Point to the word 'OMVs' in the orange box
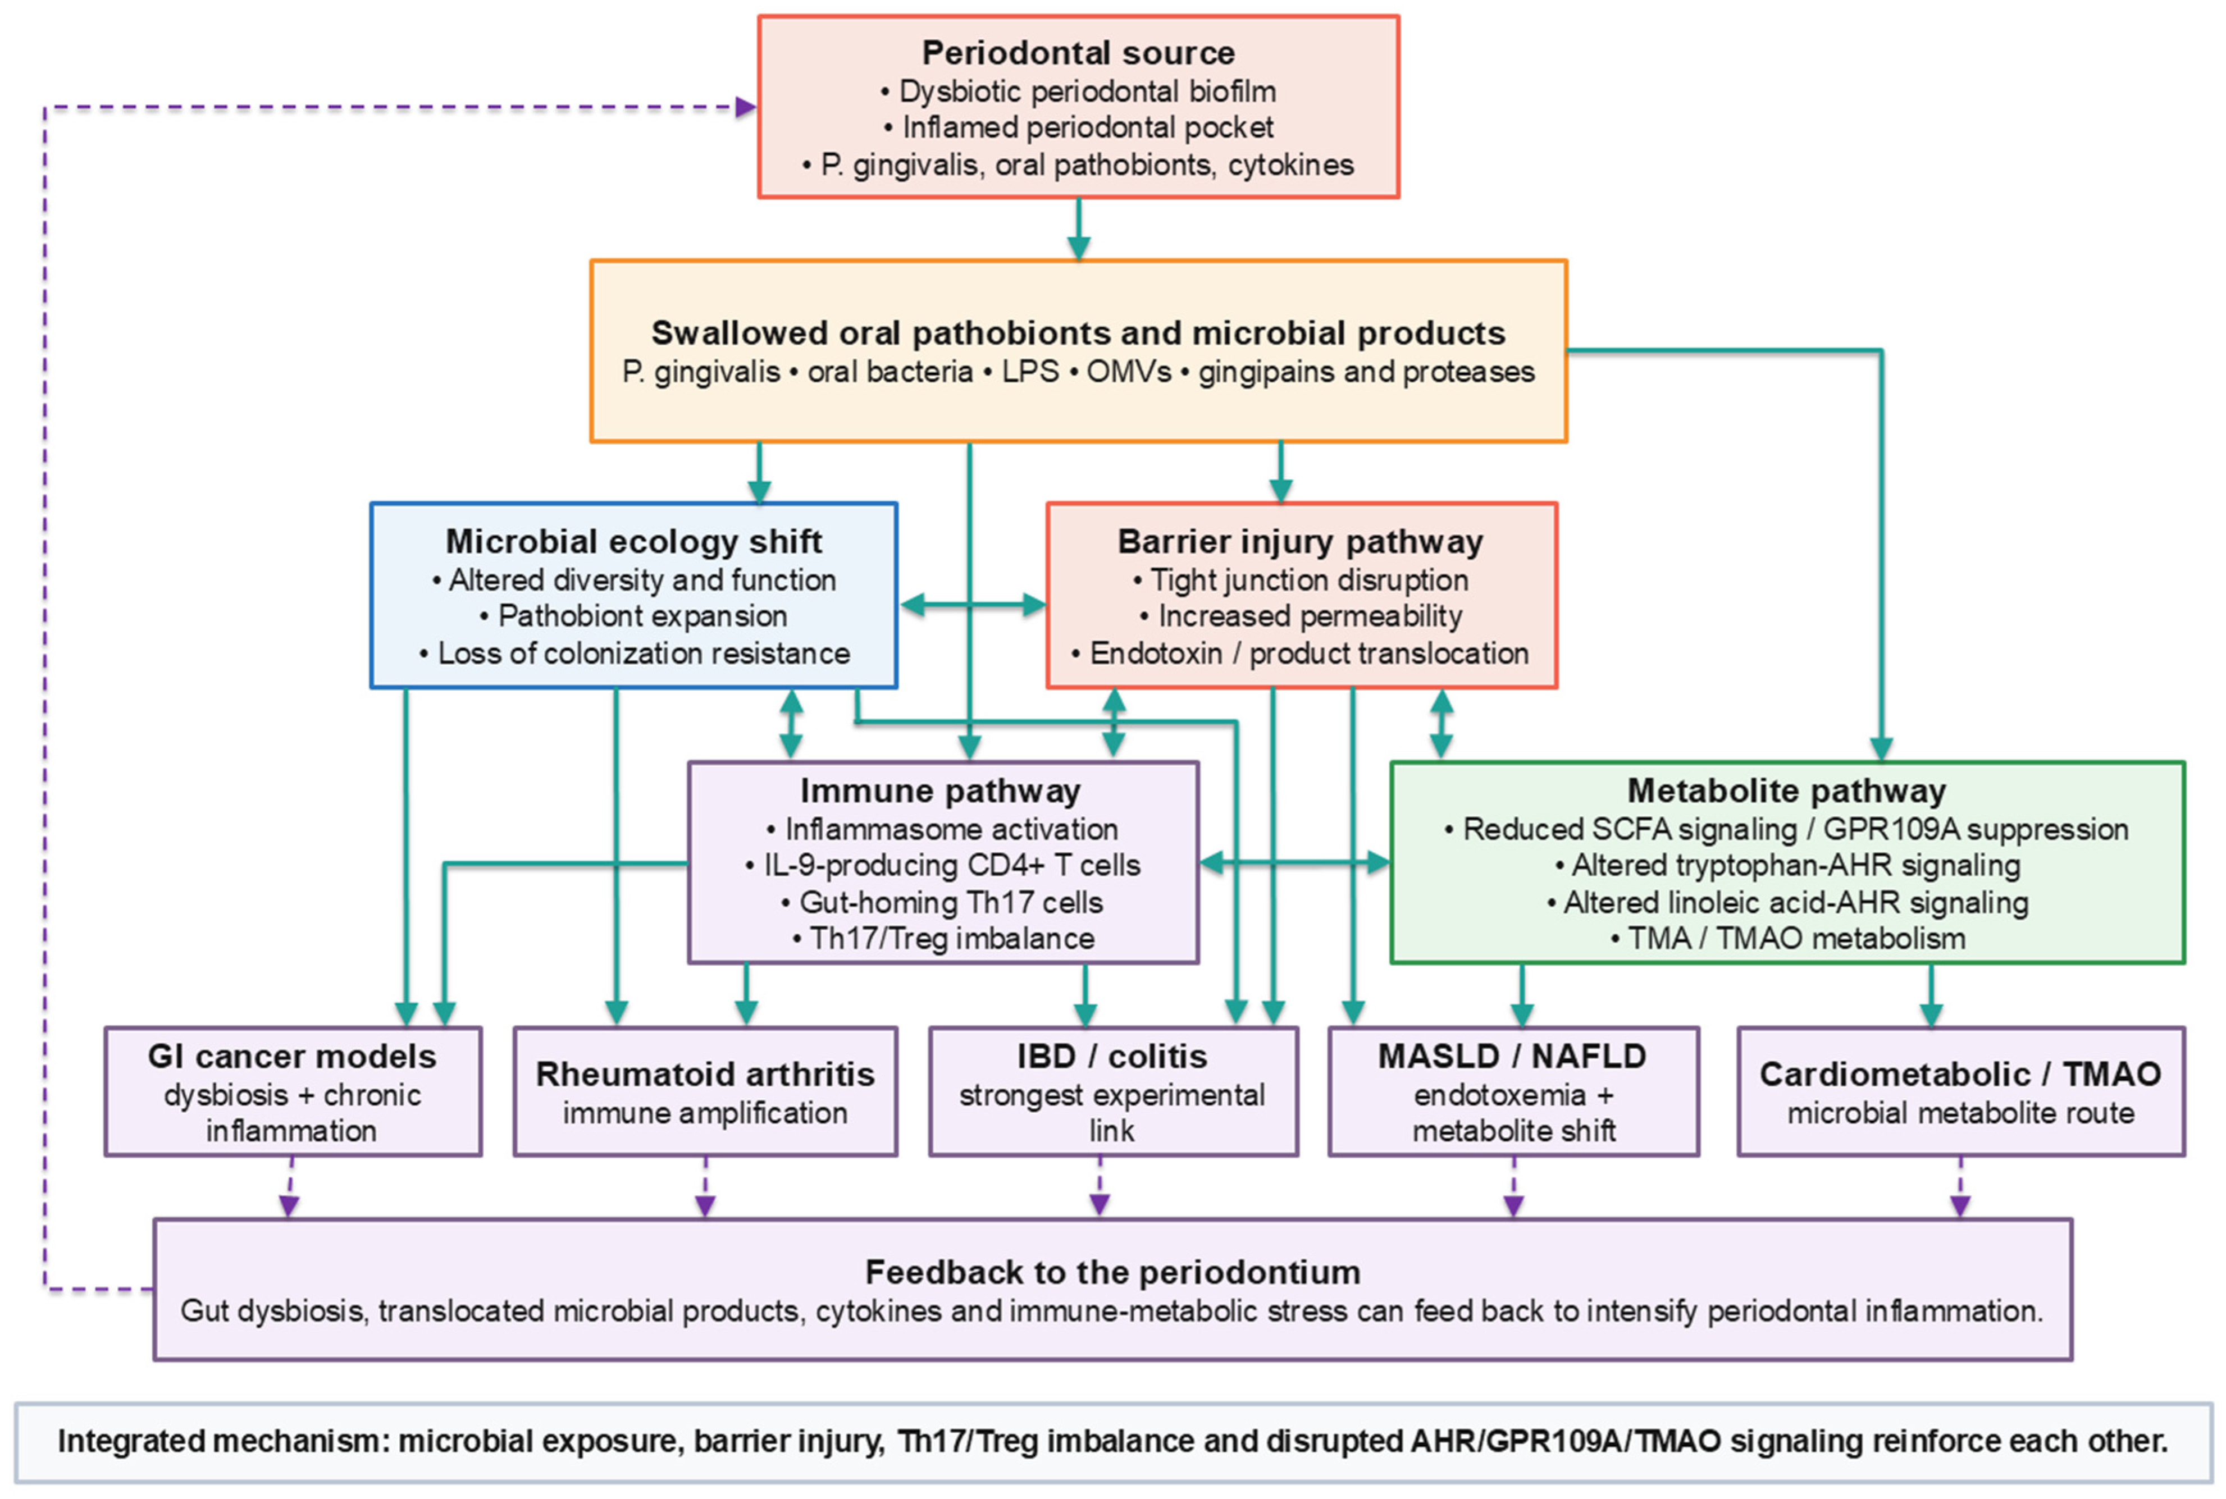tap(1128, 371)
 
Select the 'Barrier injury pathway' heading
tap(1301, 541)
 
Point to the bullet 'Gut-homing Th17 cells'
tap(941, 902)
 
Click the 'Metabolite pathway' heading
tap(1786, 790)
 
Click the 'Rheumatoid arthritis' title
tap(705, 1075)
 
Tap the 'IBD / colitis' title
tap(1111, 1057)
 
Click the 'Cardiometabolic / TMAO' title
tap(1960, 1075)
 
